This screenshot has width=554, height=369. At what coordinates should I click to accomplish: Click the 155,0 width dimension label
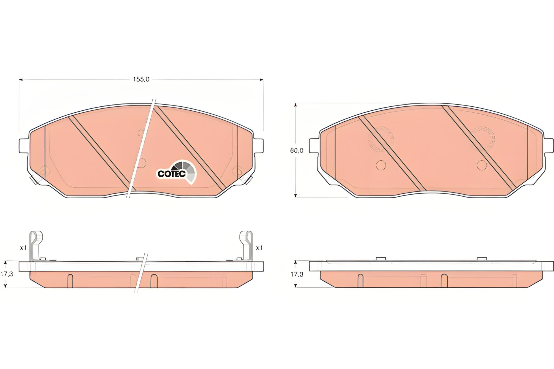point(141,79)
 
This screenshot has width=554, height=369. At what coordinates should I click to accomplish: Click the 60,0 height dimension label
point(297,150)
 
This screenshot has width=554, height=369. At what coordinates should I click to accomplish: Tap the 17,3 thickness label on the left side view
point(7,274)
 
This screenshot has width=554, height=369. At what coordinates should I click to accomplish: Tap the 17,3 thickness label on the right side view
point(297,274)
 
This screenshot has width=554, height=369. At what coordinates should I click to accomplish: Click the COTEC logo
point(177,172)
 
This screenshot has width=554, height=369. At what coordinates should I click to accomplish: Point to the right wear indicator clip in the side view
point(246,246)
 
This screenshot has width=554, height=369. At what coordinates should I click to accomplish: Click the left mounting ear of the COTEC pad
point(24,146)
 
